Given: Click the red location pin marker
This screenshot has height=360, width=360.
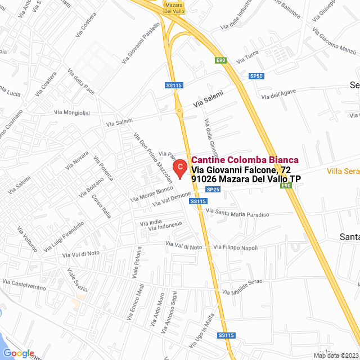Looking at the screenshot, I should point(179,168).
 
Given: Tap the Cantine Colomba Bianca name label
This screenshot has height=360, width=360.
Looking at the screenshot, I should point(245,160).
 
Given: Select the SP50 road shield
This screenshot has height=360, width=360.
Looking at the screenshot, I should point(256,76).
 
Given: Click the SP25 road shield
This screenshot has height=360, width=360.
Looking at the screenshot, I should point(213,190).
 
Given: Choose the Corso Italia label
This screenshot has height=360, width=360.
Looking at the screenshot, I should point(102,205).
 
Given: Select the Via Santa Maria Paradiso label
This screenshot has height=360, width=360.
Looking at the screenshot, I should point(238,213).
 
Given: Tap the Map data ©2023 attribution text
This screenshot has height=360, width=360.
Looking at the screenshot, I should point(335,355).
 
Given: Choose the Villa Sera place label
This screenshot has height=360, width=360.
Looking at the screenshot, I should point(344,171).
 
